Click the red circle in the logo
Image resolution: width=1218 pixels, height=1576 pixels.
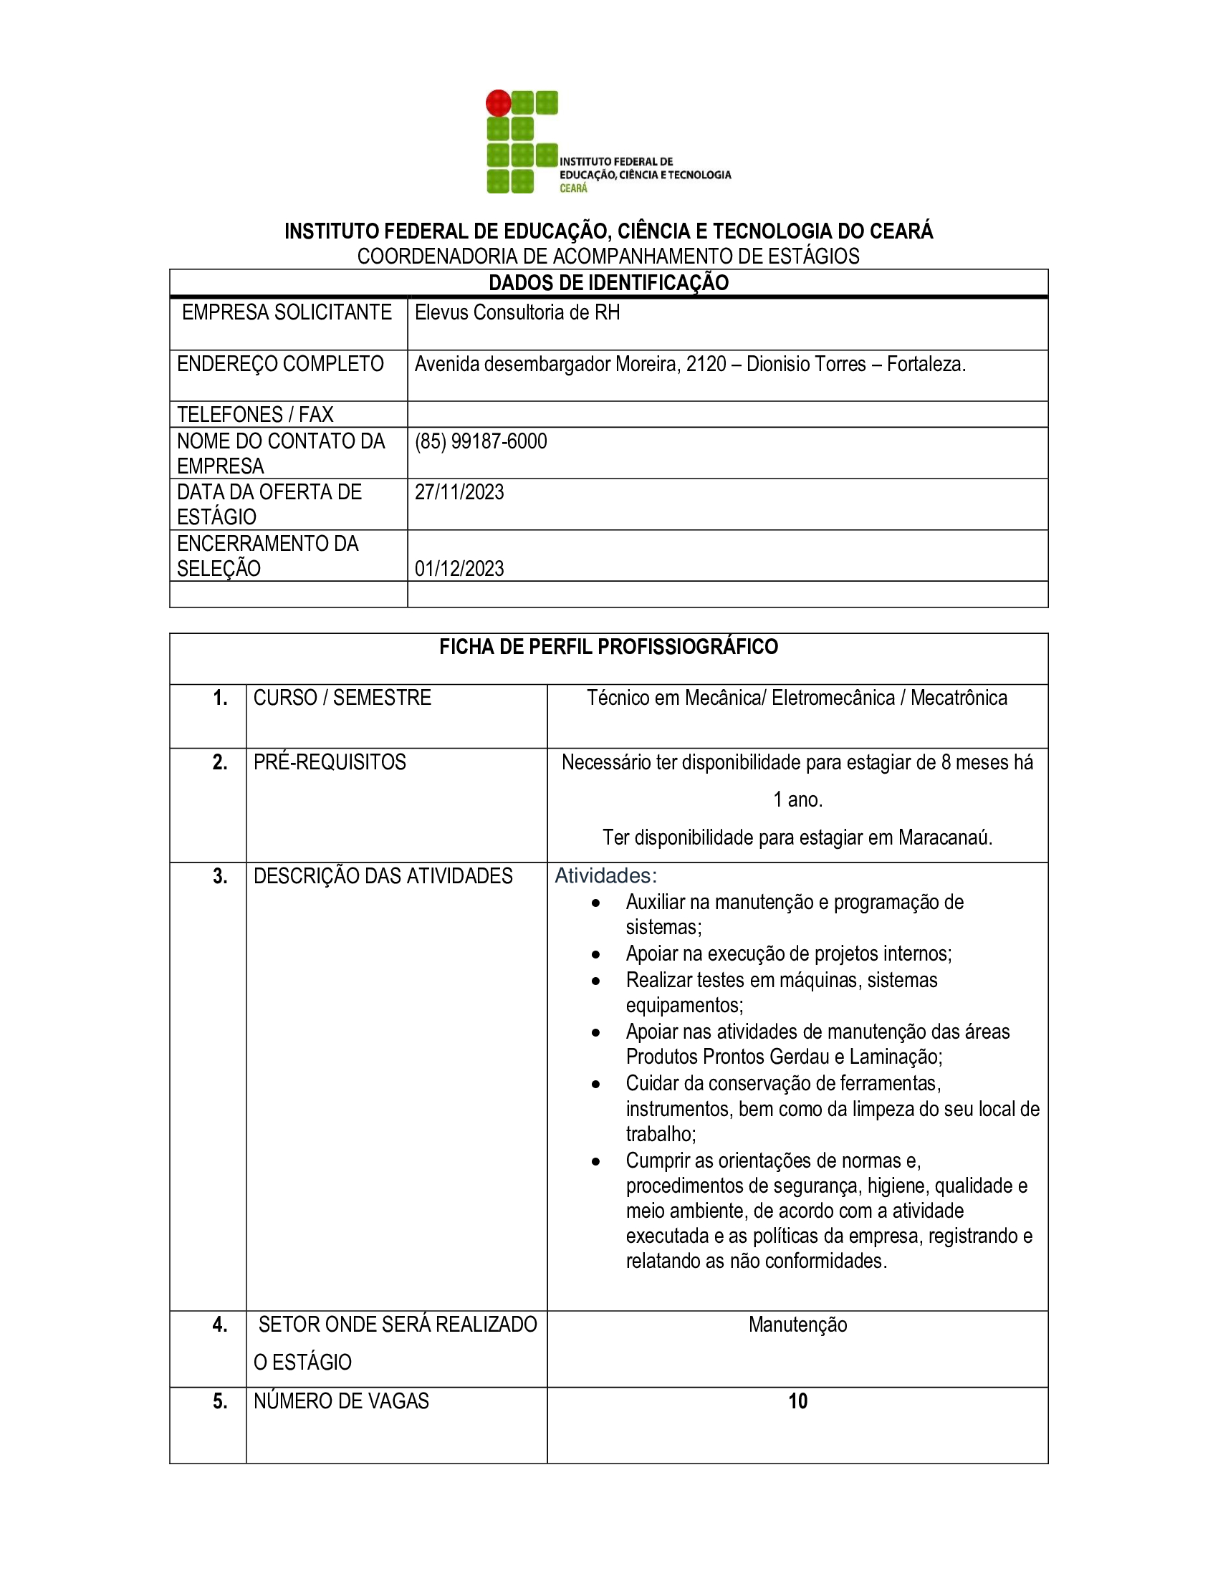click(498, 103)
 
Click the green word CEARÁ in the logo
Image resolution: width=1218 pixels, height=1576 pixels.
click(574, 188)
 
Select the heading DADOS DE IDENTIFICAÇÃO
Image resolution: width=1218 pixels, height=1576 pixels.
click(608, 283)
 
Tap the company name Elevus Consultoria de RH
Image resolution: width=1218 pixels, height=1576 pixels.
click(517, 312)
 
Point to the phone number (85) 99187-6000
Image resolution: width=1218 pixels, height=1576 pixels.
click(481, 441)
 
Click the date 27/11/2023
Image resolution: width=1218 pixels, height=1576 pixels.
click(459, 492)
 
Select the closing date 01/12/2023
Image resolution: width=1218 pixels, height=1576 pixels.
click(459, 569)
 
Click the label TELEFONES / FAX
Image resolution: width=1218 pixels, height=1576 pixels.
click(255, 414)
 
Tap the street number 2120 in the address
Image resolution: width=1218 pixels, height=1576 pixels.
click(706, 365)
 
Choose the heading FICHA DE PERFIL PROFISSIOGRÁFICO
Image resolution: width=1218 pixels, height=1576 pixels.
click(608, 647)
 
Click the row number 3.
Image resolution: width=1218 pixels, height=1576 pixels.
click(220, 876)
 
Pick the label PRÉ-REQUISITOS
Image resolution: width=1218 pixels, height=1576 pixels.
click(329, 762)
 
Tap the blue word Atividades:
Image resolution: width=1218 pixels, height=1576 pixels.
click(605, 876)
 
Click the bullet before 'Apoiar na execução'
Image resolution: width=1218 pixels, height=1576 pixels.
click(595, 955)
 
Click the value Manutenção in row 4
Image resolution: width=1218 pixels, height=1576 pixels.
click(797, 1325)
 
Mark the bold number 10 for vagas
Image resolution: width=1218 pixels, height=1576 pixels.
click(797, 1401)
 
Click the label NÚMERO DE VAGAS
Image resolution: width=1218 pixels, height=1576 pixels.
click(340, 1401)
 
